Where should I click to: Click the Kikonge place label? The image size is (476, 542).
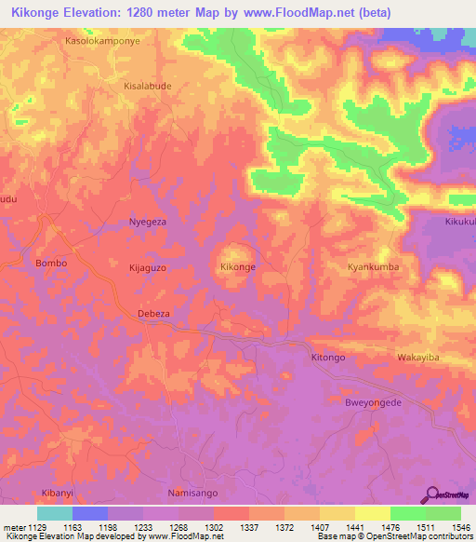237,267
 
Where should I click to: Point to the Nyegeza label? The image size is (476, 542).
147,223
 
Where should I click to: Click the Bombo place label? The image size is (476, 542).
51,264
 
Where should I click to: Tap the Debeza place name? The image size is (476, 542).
153,314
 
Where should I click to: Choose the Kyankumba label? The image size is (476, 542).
373,267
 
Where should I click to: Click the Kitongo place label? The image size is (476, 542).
327,358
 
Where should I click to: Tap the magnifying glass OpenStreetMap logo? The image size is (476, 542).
431,495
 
